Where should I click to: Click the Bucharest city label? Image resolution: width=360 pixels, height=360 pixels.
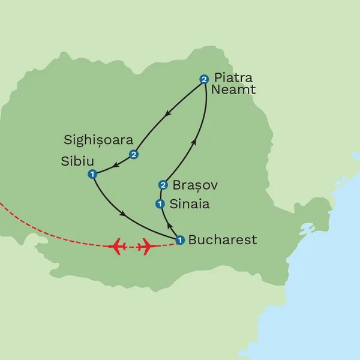(223, 240)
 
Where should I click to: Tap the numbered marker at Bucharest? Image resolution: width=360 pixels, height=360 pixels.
(179, 241)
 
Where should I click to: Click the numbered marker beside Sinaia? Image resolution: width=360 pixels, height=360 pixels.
(160, 204)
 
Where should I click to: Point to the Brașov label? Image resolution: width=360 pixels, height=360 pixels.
(194, 185)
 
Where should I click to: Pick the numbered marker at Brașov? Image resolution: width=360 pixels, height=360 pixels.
(163, 185)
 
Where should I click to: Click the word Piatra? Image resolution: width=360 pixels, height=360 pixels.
(233, 78)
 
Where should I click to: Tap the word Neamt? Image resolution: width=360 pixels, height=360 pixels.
(233, 90)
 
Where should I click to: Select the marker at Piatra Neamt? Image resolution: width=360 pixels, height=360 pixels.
(204, 79)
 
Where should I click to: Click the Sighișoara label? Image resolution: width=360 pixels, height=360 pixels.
(98, 140)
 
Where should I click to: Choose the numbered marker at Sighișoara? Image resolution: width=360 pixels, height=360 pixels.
(134, 155)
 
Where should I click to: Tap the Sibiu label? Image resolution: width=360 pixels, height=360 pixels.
(77, 161)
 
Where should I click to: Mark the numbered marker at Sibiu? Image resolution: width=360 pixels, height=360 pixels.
(92, 175)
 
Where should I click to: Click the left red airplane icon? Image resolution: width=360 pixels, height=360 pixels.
(118, 246)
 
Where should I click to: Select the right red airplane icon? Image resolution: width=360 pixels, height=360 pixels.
(146, 246)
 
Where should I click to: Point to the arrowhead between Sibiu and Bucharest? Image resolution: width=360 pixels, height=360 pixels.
(124, 214)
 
